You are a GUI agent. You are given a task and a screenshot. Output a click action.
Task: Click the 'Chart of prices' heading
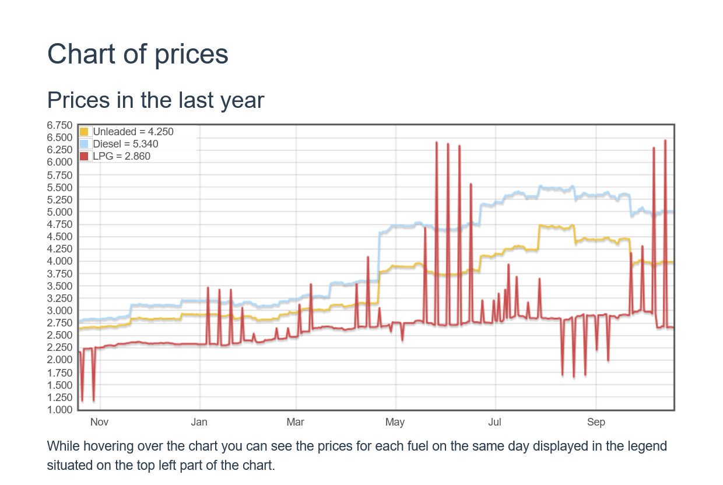point(138,54)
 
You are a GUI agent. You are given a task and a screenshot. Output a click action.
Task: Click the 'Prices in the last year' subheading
point(156,100)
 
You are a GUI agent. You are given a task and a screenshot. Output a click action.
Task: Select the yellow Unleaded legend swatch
point(84,132)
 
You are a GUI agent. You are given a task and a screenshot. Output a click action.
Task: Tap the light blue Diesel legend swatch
point(84,144)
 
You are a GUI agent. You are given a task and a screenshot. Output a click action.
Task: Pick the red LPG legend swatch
point(84,156)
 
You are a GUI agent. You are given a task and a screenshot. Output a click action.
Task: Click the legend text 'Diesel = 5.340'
point(125,144)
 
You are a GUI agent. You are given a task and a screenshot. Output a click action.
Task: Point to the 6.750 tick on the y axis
point(60,125)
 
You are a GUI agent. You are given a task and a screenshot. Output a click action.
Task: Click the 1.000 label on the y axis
point(60,410)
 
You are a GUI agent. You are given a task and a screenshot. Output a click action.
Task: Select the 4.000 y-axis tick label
point(60,261)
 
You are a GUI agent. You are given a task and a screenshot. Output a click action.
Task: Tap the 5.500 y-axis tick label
point(60,187)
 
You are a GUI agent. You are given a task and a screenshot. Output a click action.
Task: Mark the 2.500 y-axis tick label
point(60,335)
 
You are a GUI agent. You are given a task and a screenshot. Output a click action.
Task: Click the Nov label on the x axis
point(100,423)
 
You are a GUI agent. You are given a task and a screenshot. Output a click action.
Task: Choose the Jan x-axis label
point(199,423)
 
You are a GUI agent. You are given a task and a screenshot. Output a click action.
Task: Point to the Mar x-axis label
point(296,423)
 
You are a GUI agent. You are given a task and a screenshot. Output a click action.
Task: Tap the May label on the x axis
point(395,423)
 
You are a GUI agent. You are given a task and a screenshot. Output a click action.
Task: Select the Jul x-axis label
point(495,423)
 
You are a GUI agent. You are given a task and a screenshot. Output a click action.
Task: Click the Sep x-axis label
point(596,423)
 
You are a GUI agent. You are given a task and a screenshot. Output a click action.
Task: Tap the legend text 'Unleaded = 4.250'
point(133,132)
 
